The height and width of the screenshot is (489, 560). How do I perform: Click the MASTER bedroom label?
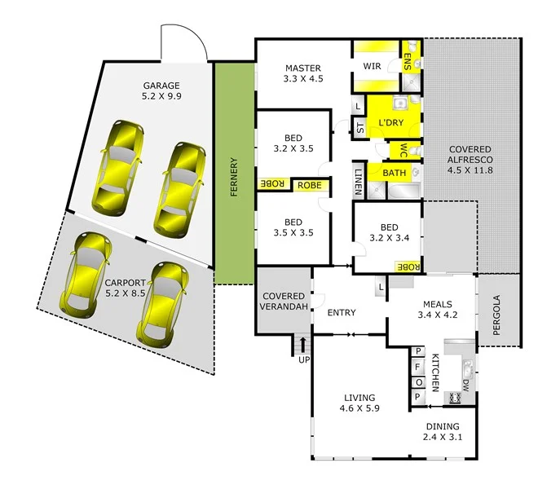302,73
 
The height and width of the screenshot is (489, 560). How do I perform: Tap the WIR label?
373,65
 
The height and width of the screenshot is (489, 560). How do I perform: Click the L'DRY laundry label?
392,123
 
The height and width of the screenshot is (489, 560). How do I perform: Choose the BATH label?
395,173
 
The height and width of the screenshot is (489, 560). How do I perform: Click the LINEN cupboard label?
359,180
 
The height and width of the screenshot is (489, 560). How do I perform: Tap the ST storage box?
359,126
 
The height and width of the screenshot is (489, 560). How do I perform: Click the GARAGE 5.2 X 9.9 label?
161,90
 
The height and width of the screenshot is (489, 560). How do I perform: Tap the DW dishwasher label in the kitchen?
465,383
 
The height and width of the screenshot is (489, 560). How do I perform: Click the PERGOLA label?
498,311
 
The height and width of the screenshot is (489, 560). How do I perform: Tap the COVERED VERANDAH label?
284,301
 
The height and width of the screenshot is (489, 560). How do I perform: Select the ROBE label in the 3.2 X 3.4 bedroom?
408,267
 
